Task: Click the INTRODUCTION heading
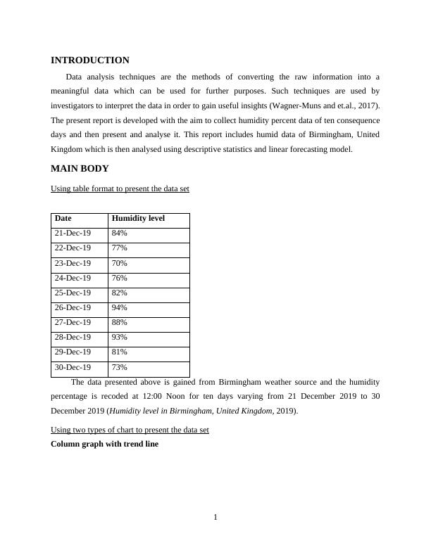coord(90,60)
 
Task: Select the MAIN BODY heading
coord(80,169)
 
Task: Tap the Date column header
coord(63,219)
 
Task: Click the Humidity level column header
coord(138,219)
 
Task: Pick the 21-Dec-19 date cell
coord(73,233)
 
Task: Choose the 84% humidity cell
coord(120,233)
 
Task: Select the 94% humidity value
coord(120,308)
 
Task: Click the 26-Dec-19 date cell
coord(73,308)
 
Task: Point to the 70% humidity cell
coord(120,263)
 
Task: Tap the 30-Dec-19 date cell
coord(73,368)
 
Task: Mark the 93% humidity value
coord(120,338)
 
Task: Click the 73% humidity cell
coord(120,368)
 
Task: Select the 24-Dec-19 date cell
coord(73,278)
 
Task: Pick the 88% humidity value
coord(120,323)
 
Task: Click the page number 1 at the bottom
coord(216,518)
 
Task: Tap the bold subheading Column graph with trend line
coord(105,444)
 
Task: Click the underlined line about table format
coord(120,189)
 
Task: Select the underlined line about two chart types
coord(130,430)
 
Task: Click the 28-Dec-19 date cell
coord(73,338)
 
